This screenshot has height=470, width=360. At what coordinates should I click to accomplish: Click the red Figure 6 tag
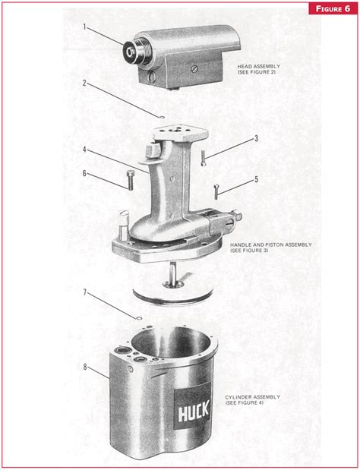click(x=333, y=8)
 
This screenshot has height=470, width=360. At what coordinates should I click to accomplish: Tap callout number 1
click(x=84, y=27)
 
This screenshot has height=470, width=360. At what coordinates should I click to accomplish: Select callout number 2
click(x=84, y=83)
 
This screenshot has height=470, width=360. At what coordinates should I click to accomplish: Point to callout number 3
click(x=256, y=138)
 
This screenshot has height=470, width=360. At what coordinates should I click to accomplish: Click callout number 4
click(x=84, y=149)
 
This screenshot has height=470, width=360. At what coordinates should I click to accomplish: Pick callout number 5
click(x=256, y=179)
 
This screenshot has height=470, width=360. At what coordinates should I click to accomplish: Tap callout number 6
click(x=84, y=173)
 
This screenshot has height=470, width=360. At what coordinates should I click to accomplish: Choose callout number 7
click(x=84, y=292)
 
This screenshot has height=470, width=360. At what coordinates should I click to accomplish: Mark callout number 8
click(x=85, y=367)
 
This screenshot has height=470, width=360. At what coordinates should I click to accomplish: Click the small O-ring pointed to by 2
click(x=162, y=117)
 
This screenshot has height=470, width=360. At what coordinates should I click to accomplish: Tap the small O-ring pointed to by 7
click(x=139, y=317)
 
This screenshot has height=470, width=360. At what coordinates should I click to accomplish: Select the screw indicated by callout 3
click(x=204, y=158)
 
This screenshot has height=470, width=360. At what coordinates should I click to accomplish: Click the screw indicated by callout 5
click(x=216, y=192)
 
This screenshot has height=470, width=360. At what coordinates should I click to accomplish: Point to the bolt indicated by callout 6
click(x=130, y=180)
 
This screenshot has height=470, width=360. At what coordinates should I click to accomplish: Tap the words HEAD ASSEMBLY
click(x=259, y=66)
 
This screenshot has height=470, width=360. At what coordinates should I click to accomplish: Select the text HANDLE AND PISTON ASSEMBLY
click(x=270, y=245)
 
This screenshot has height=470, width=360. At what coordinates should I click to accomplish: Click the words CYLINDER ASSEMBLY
click(x=253, y=397)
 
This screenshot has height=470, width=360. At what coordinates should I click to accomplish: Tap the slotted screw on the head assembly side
click(x=194, y=69)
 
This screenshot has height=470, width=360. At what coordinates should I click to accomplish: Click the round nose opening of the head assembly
click(x=130, y=52)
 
